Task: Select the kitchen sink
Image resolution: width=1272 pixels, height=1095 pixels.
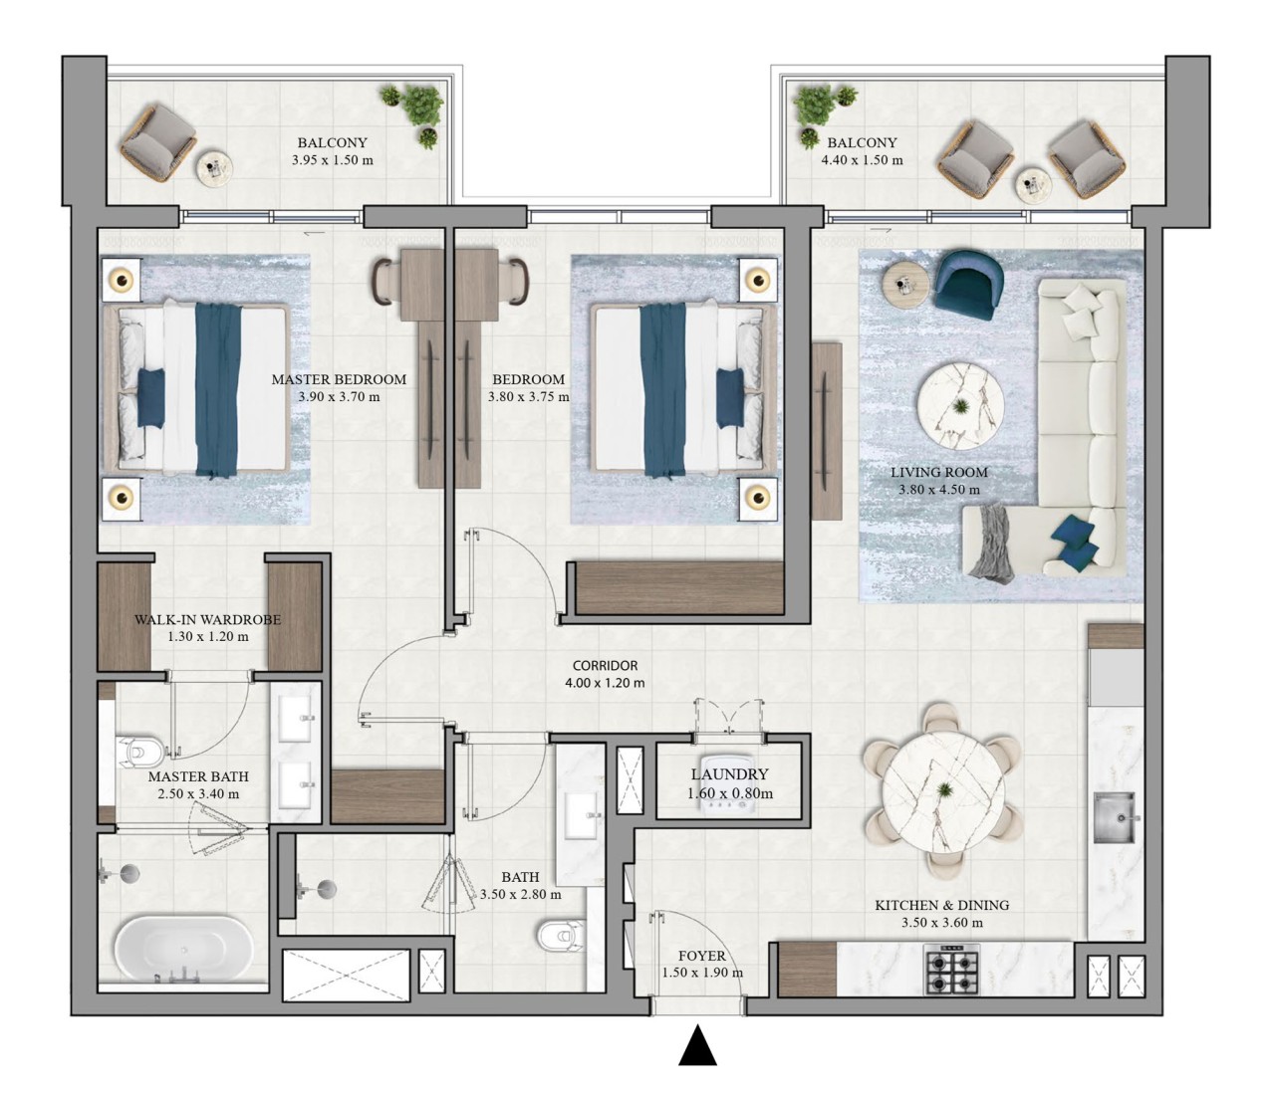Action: click(1116, 817)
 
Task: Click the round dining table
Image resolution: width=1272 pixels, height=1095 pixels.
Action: click(942, 790)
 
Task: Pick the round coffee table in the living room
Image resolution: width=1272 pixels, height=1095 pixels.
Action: click(960, 407)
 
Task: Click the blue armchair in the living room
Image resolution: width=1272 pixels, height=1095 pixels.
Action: click(967, 285)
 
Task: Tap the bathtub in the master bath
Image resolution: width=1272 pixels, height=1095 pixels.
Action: click(183, 949)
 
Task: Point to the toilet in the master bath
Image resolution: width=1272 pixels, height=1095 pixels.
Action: click(142, 753)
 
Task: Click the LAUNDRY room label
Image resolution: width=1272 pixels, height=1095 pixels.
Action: click(729, 774)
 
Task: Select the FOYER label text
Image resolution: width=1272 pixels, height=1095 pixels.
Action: click(702, 956)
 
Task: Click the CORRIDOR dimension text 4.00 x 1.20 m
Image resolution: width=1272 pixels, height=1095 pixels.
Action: click(605, 683)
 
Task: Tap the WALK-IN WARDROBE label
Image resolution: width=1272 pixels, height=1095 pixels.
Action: click(208, 619)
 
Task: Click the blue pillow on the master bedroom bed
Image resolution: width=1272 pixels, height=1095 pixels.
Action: click(150, 397)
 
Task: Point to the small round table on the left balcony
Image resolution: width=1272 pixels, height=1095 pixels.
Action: click(215, 168)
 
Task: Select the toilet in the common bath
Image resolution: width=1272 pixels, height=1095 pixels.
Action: click(560, 937)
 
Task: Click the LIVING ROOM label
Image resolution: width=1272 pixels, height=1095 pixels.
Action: click(939, 473)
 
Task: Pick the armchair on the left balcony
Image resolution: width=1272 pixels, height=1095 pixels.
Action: click(158, 142)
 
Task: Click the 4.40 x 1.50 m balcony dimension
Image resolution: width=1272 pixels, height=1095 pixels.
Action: click(862, 160)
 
